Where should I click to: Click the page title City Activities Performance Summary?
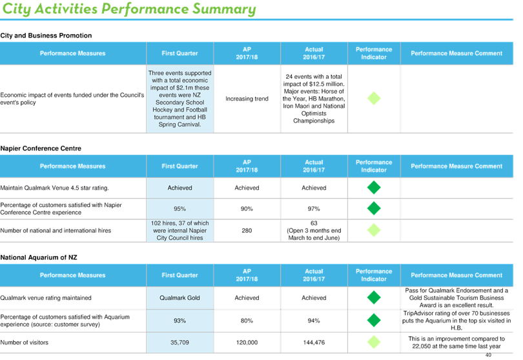[x=129, y=9]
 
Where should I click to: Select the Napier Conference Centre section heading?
[x=41, y=148]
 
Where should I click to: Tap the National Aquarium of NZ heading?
[x=39, y=257]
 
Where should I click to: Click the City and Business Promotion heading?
[x=46, y=35]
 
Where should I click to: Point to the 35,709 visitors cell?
[x=179, y=343]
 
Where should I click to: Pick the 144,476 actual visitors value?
[x=314, y=343]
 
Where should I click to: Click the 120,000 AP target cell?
[x=247, y=343]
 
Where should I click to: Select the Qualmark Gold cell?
[x=179, y=297]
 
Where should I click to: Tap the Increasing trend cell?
[x=247, y=99]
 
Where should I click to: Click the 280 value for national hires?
[x=247, y=230]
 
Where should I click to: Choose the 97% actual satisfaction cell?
[x=314, y=208]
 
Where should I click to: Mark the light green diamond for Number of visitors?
[x=374, y=342]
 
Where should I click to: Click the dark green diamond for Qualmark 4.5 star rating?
[x=374, y=187]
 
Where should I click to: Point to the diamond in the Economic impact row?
[x=374, y=98]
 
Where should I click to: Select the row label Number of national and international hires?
[x=56, y=230]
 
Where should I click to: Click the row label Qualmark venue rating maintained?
[x=46, y=297]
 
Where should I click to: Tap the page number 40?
[x=488, y=355]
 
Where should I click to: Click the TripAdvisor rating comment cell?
[x=456, y=321]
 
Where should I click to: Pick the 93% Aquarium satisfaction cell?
[x=179, y=321]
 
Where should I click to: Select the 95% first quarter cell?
[x=179, y=208]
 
